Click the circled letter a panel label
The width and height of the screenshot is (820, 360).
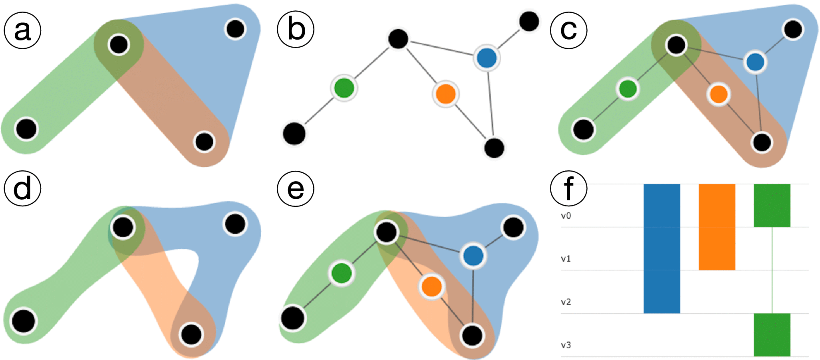[x=23, y=30]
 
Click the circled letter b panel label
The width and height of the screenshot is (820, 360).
[x=296, y=30]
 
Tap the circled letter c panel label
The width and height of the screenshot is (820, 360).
[x=568, y=30]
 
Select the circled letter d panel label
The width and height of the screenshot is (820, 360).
[x=23, y=188]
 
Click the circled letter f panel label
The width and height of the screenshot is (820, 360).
[x=568, y=188]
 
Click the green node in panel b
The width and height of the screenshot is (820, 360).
[x=344, y=88]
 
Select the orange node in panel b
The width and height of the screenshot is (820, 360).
[x=445, y=94]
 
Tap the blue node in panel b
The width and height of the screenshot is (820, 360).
[x=487, y=58]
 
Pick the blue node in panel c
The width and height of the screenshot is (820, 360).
[x=755, y=62]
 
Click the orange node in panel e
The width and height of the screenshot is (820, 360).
[x=431, y=286]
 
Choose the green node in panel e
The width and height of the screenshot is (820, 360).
[x=342, y=273]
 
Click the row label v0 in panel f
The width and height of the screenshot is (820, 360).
[x=566, y=216]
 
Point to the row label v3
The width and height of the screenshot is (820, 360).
[x=566, y=345]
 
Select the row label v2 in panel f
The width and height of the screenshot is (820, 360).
[x=566, y=302]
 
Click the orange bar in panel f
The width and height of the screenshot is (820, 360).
[x=717, y=227]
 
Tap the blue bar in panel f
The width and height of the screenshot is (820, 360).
[x=662, y=248]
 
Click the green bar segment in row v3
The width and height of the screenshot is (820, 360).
[x=772, y=335]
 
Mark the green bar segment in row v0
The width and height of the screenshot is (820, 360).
[x=772, y=205]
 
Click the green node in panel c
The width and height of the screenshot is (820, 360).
[x=627, y=88]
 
